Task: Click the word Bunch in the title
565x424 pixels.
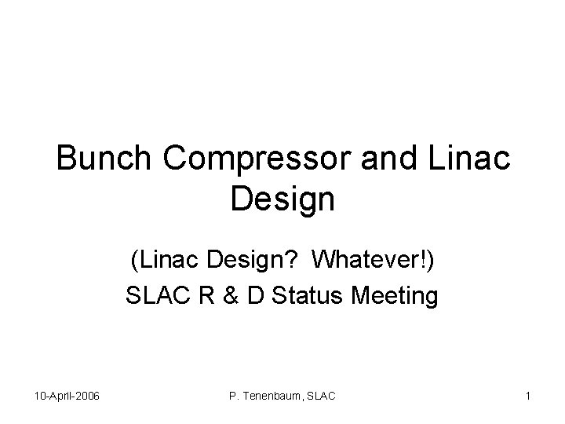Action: tap(108, 159)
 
